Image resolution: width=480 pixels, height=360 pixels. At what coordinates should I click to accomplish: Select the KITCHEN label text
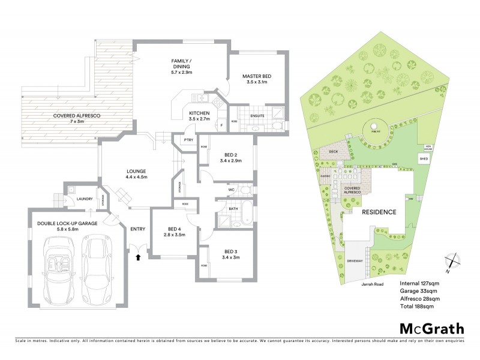tap(199, 113)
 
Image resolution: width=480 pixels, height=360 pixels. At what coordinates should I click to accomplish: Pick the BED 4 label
tap(175, 229)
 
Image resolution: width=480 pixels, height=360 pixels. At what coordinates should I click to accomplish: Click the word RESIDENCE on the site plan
tap(379, 212)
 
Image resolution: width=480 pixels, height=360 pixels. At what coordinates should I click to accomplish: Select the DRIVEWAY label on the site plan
tap(354, 262)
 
